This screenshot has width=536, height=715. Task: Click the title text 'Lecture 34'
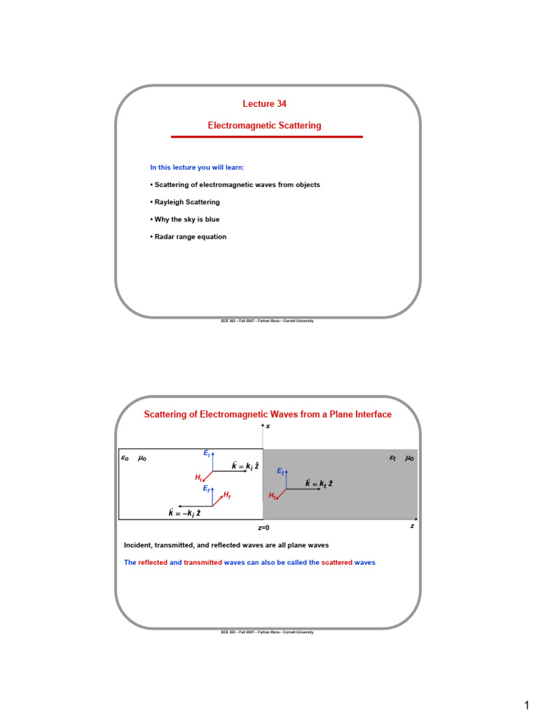tap(265, 104)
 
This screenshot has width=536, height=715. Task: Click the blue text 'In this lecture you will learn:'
tap(198, 167)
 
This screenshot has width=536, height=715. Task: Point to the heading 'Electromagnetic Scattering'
tap(265, 126)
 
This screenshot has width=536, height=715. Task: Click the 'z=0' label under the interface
tap(263, 528)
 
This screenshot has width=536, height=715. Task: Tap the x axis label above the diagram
tap(268, 426)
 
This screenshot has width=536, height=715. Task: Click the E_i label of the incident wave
tap(207, 453)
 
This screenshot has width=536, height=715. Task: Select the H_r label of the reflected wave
tap(228, 494)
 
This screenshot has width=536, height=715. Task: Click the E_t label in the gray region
tap(280, 472)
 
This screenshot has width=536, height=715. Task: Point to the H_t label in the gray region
tap(273, 496)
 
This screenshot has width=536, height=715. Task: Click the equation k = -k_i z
tap(185, 513)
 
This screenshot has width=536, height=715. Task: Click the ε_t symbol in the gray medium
tap(392, 458)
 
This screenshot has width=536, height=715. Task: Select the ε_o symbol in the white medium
tap(126, 458)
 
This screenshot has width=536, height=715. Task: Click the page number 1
tap(527, 705)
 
